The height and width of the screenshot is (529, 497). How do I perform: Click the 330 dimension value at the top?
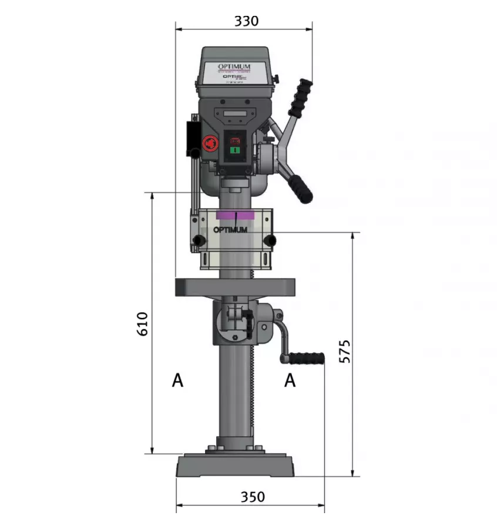[246, 21]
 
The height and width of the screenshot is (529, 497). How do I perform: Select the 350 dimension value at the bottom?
[252, 497]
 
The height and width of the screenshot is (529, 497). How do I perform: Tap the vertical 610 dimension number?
[142, 324]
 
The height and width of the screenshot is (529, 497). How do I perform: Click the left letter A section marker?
[177, 380]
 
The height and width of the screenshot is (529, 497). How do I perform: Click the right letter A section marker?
[290, 380]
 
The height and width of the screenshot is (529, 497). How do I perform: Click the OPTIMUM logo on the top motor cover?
[234, 66]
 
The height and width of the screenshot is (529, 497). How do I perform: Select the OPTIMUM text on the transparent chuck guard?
[230, 230]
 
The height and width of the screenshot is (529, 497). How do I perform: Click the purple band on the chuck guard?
[234, 215]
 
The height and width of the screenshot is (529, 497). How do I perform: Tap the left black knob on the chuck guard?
[200, 240]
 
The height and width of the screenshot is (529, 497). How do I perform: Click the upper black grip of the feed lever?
[300, 98]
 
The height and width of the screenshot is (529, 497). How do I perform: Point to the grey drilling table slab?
[234, 287]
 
